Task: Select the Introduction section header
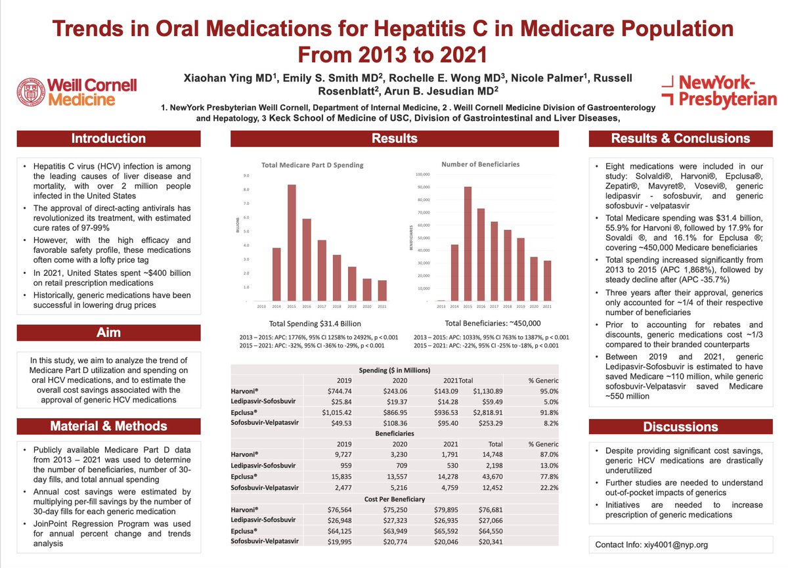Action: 108,139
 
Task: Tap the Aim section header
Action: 108,332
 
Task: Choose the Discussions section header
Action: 680,427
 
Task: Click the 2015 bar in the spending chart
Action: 292,243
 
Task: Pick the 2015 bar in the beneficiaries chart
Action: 468,244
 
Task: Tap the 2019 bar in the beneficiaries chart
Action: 520,269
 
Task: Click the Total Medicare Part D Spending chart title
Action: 313,165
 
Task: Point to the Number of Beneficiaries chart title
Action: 481,164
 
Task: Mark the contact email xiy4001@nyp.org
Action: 651,544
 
